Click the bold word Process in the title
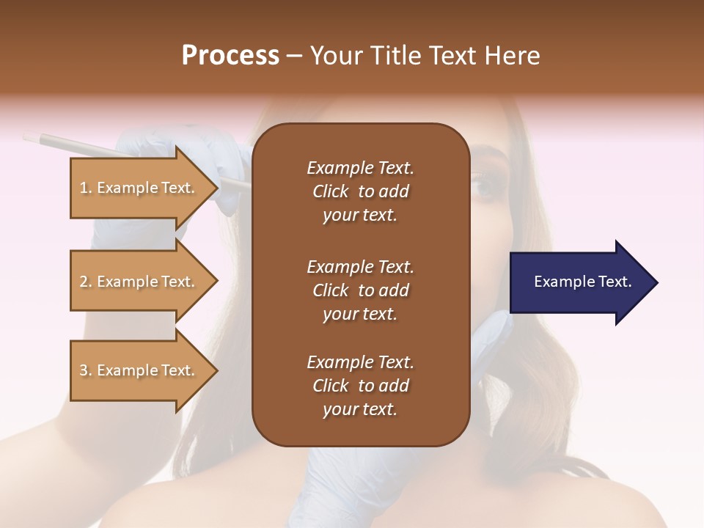point(230,56)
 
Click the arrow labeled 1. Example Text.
point(139,188)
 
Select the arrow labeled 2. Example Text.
point(139,282)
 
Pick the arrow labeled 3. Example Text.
point(139,370)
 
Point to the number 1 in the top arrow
point(84,188)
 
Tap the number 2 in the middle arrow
point(84,282)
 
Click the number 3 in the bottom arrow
point(84,370)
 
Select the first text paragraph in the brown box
point(360,191)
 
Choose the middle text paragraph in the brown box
point(360,290)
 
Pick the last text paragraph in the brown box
point(360,385)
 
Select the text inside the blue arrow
point(582,282)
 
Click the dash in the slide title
point(295,56)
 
